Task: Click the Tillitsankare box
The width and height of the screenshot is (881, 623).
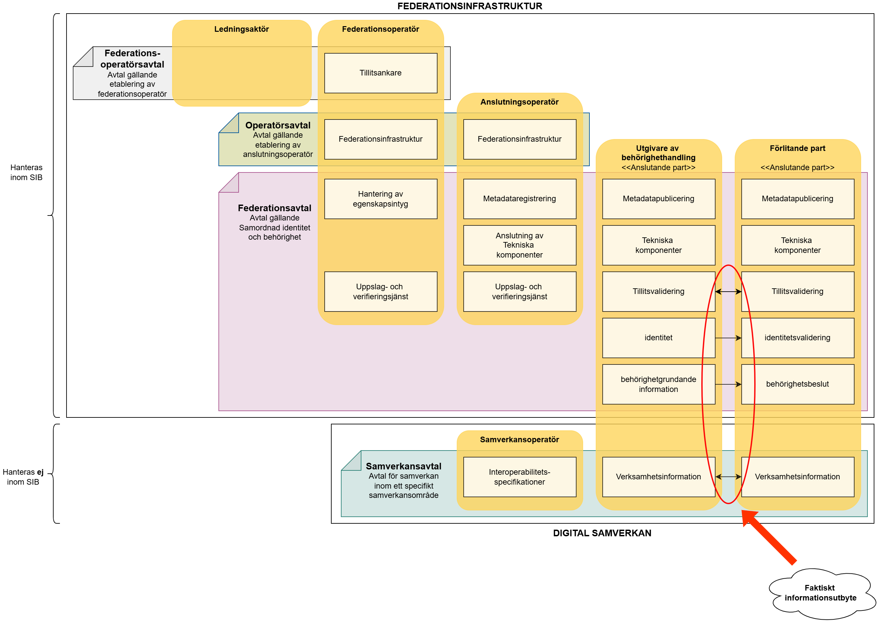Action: coord(380,73)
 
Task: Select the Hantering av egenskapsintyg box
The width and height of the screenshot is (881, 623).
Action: coord(380,199)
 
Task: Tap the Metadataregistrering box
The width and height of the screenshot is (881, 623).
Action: coord(520,199)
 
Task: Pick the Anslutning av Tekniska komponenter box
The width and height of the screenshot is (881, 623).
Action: coord(520,245)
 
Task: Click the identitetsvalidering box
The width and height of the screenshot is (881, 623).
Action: coord(797,338)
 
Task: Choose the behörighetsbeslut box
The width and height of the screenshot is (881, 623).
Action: coord(797,384)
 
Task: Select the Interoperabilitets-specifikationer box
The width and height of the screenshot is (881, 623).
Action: coord(520,477)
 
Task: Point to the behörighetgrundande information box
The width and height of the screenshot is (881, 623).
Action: coord(659,384)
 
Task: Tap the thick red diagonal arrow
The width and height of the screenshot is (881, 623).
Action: coord(769,537)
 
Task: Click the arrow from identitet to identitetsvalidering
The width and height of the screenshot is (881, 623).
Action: coord(728,338)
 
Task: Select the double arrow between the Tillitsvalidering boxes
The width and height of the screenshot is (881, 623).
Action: coord(728,292)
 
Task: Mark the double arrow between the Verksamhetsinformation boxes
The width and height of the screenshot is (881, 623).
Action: coord(728,477)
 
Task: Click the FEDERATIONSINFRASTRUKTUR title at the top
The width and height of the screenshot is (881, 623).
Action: coord(470,6)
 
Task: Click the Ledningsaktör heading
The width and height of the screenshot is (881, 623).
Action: coord(241,29)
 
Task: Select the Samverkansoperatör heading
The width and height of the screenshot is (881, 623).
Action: coord(520,440)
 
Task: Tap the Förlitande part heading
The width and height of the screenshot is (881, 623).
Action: coord(797,148)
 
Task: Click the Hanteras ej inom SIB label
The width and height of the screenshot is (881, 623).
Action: coord(23,477)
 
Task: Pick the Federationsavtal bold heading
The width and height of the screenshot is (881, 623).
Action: coord(274,208)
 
